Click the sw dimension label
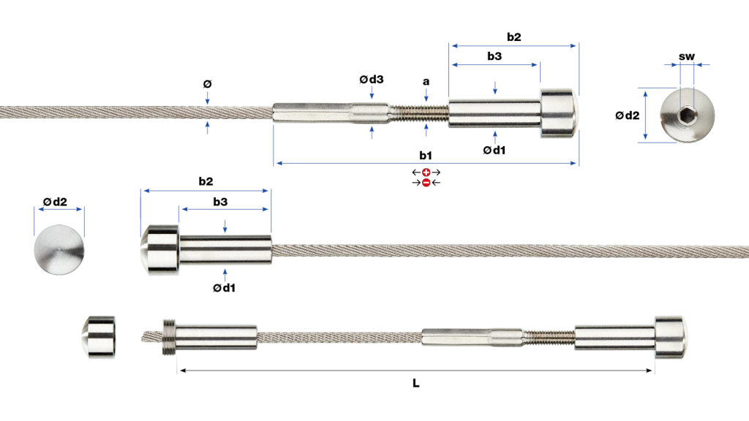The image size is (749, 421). pos(686,57)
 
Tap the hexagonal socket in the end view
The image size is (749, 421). pos(687,115)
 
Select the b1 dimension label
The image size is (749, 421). pos(426,155)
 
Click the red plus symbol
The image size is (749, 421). pos(426,172)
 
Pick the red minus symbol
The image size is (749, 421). pos(426,182)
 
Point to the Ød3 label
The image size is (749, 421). pos(372,79)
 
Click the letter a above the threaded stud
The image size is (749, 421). pos(426,82)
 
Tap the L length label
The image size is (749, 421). pos(416,383)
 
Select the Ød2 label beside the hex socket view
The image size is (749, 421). pos(627,115)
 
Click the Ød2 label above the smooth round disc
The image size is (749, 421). pos(55,202)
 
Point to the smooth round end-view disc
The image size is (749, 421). pos(59,250)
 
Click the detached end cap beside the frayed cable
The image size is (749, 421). pos(99,336)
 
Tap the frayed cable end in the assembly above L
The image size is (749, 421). pos(152,336)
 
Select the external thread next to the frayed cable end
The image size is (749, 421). pos(169,336)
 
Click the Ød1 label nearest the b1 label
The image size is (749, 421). pos(494,151)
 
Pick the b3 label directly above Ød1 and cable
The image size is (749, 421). pos(220,202)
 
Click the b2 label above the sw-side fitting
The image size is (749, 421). pos(514,37)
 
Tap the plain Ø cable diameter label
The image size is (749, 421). pos(207,84)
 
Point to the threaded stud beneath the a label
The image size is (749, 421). pos(419,113)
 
